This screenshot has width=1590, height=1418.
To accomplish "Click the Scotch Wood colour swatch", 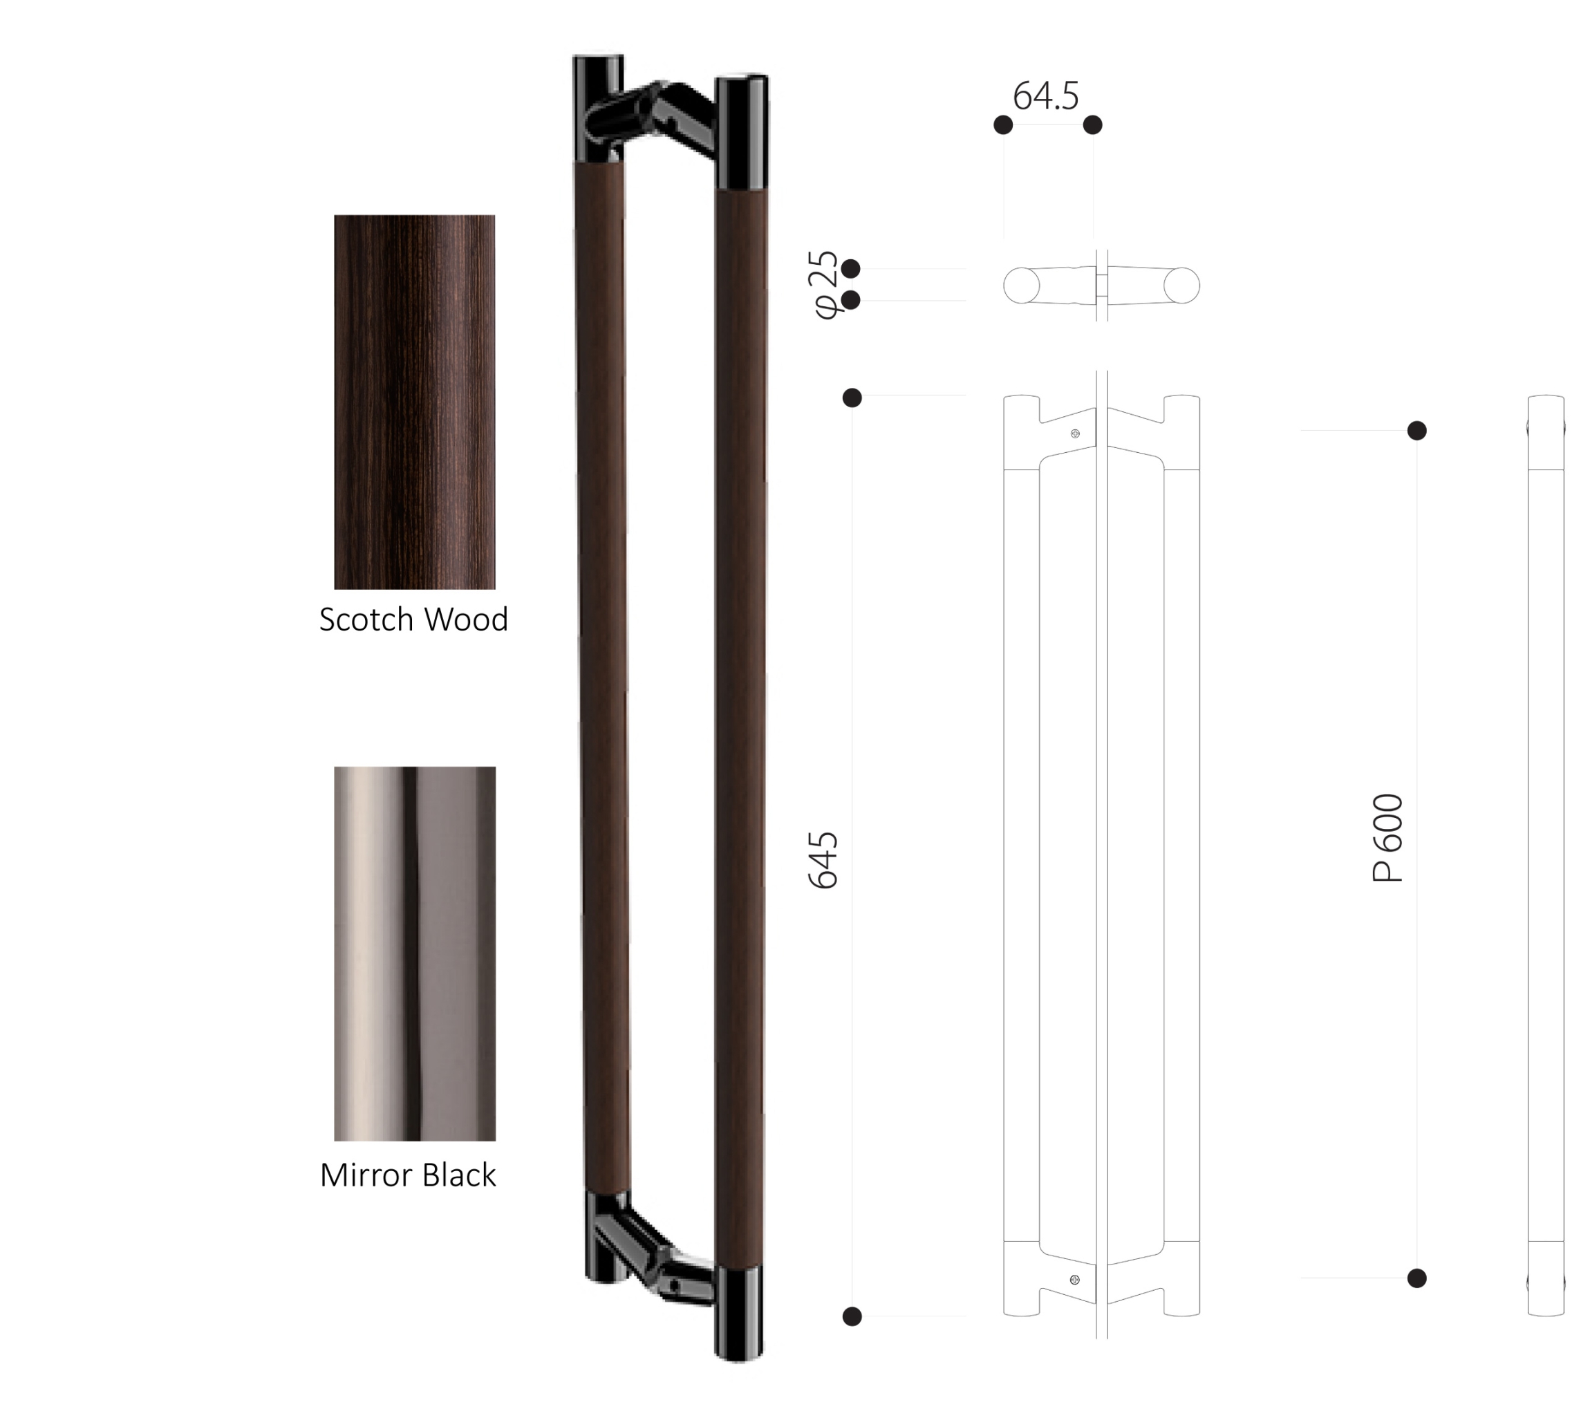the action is (415, 402).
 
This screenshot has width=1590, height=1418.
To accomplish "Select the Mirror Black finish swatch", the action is (415, 953).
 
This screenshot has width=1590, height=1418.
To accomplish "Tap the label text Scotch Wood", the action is (413, 619).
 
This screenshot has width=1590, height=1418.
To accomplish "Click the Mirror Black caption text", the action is (407, 1175).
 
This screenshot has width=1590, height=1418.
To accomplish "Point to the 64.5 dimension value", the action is (1045, 96).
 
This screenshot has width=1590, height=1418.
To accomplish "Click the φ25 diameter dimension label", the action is (825, 284).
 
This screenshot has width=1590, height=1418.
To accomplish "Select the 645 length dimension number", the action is (823, 860).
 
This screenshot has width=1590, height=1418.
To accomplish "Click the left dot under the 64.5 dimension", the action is (1003, 124).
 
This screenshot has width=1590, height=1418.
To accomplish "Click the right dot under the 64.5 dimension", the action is (1093, 124).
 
